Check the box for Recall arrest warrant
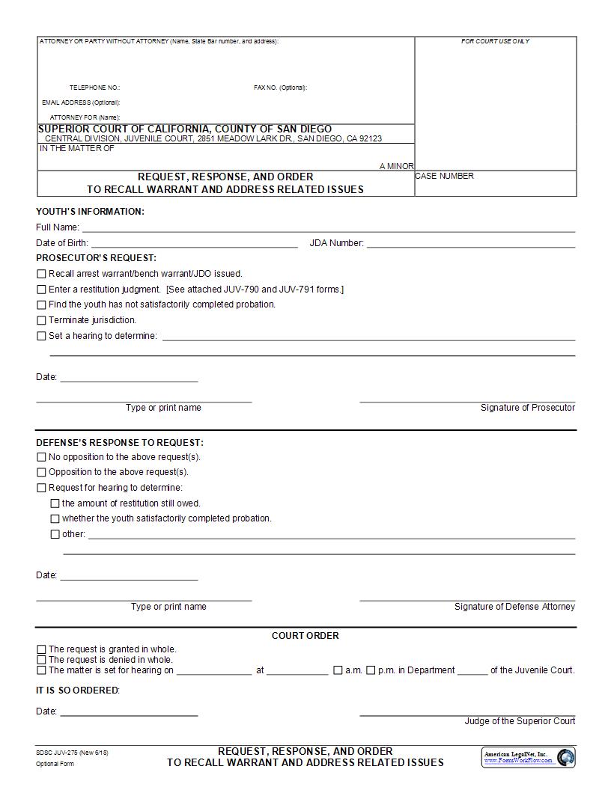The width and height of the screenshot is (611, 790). (x=41, y=274)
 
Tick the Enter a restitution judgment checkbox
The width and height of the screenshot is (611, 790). (x=41, y=290)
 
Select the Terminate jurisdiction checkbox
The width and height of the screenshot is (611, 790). (x=41, y=320)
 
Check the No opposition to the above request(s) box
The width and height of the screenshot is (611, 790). (x=41, y=457)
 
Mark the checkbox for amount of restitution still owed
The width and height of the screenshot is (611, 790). (x=55, y=503)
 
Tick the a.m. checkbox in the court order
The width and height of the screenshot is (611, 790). (x=338, y=670)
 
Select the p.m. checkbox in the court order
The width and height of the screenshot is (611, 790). (x=371, y=670)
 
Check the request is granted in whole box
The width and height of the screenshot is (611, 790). (x=41, y=649)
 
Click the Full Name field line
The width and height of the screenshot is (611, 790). (x=328, y=227)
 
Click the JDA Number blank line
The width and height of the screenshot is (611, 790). (x=471, y=243)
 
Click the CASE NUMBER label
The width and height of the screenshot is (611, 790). (x=445, y=177)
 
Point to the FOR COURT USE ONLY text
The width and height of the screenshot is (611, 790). (x=495, y=41)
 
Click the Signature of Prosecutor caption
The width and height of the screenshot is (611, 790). (x=527, y=408)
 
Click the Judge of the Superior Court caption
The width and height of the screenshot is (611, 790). (x=520, y=721)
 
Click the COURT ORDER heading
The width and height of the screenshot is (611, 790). (x=305, y=636)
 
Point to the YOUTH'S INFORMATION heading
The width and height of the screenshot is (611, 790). (x=90, y=212)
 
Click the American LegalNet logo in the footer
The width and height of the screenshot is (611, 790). (x=528, y=757)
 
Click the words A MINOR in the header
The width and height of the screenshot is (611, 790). (x=396, y=166)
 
